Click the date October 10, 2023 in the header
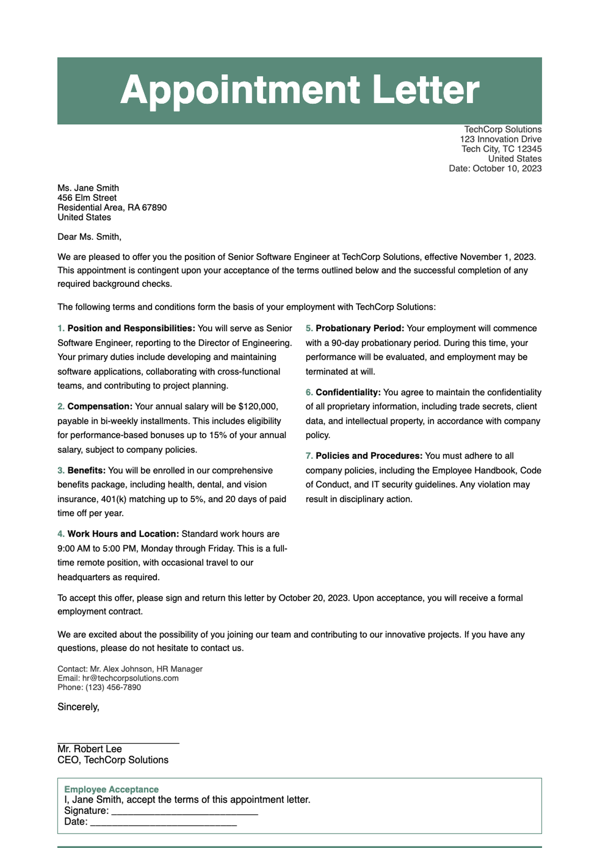(x=506, y=168)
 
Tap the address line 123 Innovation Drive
(x=500, y=139)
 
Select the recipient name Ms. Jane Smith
(x=88, y=188)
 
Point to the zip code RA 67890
(x=147, y=207)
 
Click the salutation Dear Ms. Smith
(x=89, y=237)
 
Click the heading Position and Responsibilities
(x=131, y=328)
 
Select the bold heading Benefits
(x=86, y=470)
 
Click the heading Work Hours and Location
(x=123, y=534)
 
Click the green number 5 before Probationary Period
(x=309, y=328)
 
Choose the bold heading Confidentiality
(x=348, y=392)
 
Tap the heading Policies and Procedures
(x=369, y=456)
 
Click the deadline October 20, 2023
(x=313, y=598)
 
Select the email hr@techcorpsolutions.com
(x=130, y=678)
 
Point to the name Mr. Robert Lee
(x=89, y=749)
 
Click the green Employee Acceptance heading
(x=111, y=789)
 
